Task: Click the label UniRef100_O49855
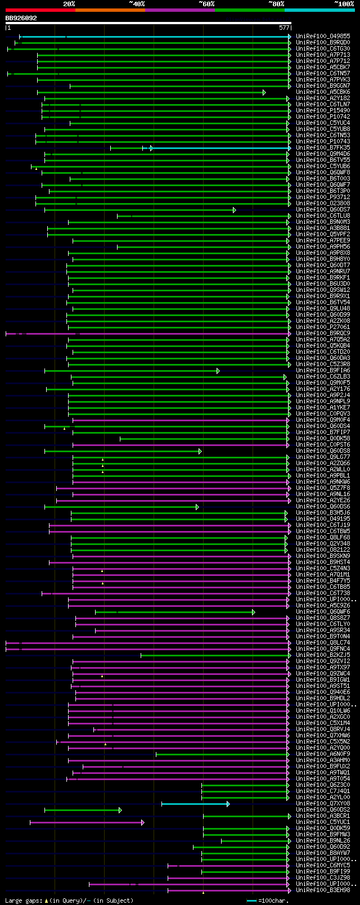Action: tap(323, 37)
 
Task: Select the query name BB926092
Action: tap(21, 18)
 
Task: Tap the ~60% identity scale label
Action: tap(206, 4)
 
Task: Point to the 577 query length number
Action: tap(284, 27)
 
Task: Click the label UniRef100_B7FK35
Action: tap(323, 148)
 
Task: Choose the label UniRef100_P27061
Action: tap(323, 327)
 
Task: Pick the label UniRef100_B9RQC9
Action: tap(323, 334)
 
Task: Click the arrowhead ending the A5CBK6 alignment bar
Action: tap(264, 92)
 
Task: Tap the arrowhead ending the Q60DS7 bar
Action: tap(234, 210)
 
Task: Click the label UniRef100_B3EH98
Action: tap(323, 890)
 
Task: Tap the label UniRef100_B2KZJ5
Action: tap(323, 655)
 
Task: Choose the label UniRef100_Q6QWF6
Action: tap(323, 612)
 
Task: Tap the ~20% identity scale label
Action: tap(69, 4)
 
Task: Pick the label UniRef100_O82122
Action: tap(323, 550)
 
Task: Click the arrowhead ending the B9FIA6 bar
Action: tap(218, 371)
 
